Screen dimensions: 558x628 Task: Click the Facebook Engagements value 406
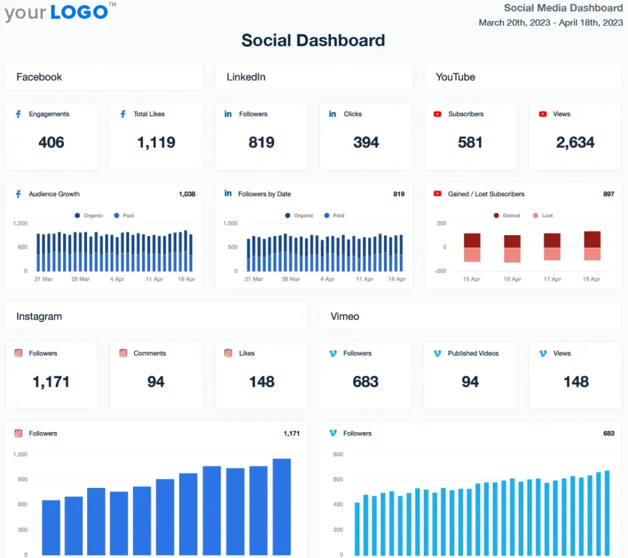point(51,142)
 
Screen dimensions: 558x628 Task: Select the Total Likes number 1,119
point(156,142)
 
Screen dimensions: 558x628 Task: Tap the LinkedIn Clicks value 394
point(366,142)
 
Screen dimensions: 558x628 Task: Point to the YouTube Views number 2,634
point(575,142)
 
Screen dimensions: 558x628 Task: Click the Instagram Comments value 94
point(156,382)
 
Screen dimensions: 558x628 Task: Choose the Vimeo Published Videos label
point(473,354)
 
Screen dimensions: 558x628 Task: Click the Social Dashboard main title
point(313,41)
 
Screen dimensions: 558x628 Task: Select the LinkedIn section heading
point(246,77)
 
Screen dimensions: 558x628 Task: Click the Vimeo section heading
point(345,317)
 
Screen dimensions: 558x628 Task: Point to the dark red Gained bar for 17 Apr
point(552,240)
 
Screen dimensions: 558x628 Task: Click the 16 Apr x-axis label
point(511,279)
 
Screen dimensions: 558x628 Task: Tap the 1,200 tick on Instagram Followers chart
point(20,455)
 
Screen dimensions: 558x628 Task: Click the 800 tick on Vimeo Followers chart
point(338,455)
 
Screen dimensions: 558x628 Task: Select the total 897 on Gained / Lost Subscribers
point(608,194)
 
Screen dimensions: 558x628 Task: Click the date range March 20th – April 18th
point(550,23)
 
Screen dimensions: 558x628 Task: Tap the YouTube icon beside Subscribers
point(437,114)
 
